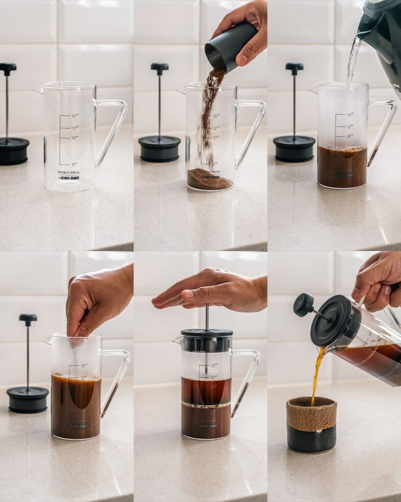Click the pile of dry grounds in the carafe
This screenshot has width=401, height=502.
tap(209, 181)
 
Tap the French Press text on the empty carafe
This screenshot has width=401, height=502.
tap(69, 173)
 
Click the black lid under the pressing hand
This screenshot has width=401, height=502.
tap(207, 333)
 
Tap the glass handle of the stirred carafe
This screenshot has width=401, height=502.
tap(118, 377)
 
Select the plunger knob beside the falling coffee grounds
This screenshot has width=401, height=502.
tap(159, 67)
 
